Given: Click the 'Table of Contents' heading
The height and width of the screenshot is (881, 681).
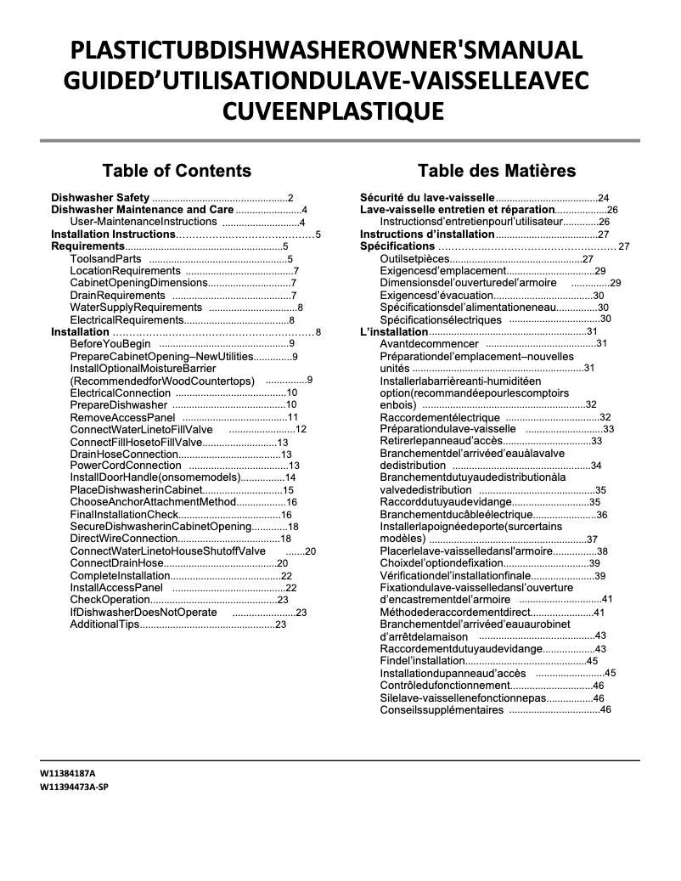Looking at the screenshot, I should (177, 170).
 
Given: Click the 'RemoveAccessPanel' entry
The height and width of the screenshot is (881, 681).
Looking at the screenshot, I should (122, 417).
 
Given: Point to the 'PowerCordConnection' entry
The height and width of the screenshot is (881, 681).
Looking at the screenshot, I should (126, 466).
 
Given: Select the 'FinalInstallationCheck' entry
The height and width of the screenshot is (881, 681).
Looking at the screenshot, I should (124, 515).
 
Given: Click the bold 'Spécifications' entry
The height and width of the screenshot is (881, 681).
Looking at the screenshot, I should (397, 246).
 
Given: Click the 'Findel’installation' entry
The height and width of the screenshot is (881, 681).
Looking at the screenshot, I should (422, 661).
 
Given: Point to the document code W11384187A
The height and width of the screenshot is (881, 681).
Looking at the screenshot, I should (68, 775).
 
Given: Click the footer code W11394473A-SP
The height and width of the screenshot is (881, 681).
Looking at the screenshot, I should (74, 788).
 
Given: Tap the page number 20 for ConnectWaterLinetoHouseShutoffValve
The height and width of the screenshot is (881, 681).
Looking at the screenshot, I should (310, 551).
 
